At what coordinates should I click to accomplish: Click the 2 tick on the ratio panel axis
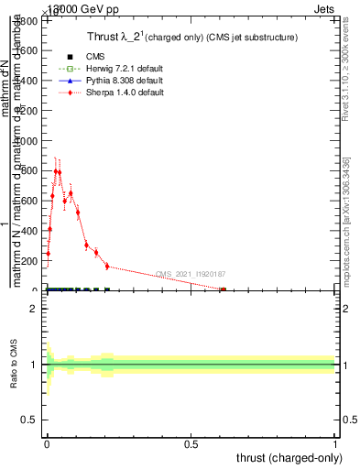[x=36, y=310]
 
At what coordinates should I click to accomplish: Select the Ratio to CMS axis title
[x=14, y=365]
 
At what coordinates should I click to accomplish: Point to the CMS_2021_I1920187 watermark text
[x=191, y=274]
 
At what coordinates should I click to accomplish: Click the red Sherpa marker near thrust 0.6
[x=223, y=289]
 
